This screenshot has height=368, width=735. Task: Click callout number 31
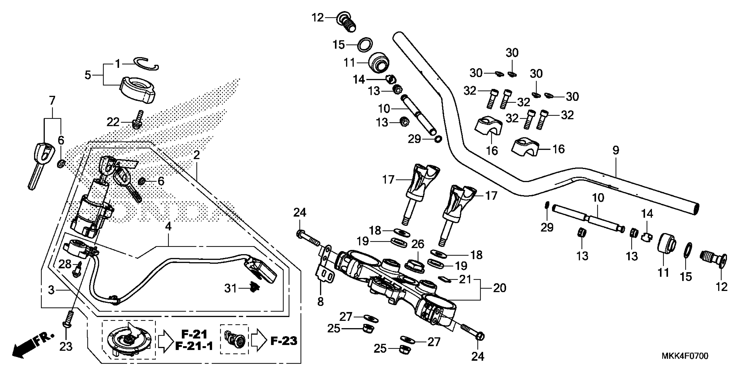(230, 289)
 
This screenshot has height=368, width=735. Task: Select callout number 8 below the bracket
(320, 301)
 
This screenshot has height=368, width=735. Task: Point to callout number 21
(465, 279)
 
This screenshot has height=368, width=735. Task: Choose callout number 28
(65, 264)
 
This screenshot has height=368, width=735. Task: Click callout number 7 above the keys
(52, 101)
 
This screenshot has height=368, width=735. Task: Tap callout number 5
(88, 75)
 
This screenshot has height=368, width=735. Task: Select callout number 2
(197, 155)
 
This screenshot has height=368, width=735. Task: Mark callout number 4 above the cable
(168, 227)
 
